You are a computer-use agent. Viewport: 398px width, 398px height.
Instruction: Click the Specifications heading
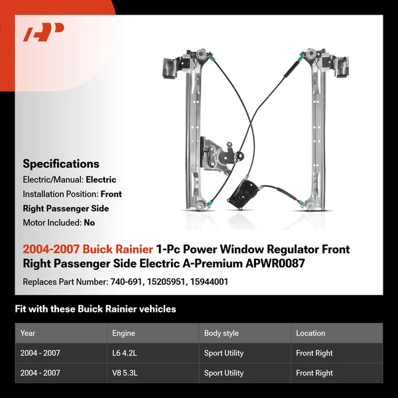coord(61,164)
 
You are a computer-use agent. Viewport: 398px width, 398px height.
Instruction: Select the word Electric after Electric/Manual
coord(101,180)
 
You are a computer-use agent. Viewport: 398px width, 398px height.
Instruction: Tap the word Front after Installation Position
coord(111,194)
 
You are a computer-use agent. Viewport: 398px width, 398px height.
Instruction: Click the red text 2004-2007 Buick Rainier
coord(88,250)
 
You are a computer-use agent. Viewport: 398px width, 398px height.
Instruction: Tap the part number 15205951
coord(168,282)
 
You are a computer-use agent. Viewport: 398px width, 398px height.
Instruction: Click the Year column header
coord(28,333)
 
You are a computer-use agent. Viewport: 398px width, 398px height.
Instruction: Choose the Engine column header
coord(123,333)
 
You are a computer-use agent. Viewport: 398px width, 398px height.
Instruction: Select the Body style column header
coord(222,333)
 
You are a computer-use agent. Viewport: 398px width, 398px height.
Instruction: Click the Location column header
coord(310,333)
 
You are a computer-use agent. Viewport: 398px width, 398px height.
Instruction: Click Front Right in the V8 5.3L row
coord(314,373)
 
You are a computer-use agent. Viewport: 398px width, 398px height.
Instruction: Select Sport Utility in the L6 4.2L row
coord(224,353)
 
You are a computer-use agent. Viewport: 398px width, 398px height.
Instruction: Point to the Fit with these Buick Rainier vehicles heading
coord(95,309)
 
